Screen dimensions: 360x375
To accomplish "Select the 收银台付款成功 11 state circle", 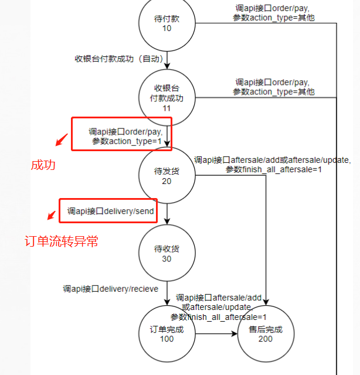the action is pyautogui.click(x=167, y=98).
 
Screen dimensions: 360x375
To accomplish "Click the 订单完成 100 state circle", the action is pyautogui.click(x=167, y=333).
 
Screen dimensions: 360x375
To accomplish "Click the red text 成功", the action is pyautogui.click(x=43, y=166).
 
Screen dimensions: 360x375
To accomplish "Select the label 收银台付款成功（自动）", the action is pyautogui.click(x=117, y=59).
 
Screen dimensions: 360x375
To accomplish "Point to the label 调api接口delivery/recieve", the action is pyautogui.click(x=111, y=289).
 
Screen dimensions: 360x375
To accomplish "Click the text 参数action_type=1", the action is pyautogui.click(x=127, y=141).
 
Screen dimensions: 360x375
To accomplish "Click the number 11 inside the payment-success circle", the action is pyautogui.click(x=167, y=108).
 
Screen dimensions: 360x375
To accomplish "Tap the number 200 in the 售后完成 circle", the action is pyautogui.click(x=265, y=339).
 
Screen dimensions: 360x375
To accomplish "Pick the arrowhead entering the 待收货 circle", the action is pyautogui.click(x=167, y=221).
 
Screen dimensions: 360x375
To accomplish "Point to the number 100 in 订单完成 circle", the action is pyautogui.click(x=167, y=339).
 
